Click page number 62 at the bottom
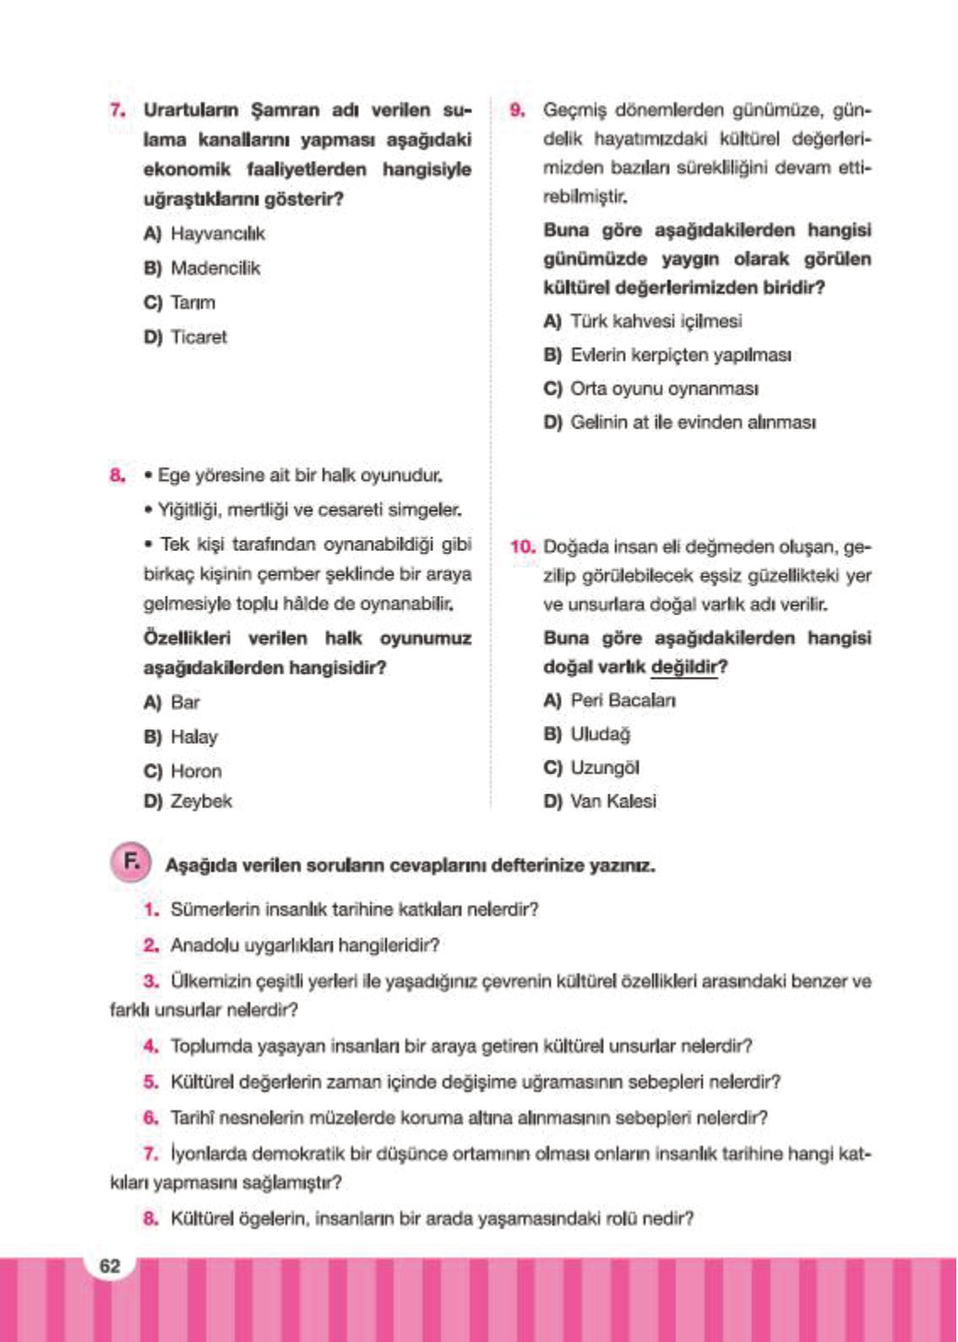point(110,1265)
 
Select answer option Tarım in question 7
point(193,303)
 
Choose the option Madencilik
point(215,268)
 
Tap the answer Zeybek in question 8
point(201,801)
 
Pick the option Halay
point(193,737)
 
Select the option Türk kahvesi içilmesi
point(656,321)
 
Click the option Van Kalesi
point(612,801)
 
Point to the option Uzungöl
point(604,767)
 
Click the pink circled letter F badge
point(131,863)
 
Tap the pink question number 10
point(523,547)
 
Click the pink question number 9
point(517,110)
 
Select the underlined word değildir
point(689,667)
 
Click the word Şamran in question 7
point(285,110)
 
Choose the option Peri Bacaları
point(623,701)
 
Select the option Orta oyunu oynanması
point(664,389)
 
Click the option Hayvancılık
point(217,233)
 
